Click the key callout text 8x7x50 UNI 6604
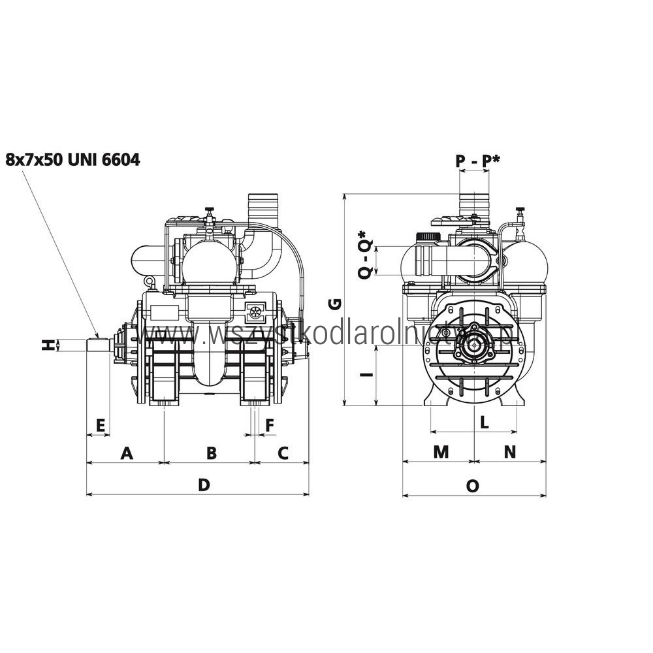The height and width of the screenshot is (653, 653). (72, 159)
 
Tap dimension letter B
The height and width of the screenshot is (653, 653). (212, 453)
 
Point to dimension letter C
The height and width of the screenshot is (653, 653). (283, 453)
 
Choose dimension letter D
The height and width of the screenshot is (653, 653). (204, 485)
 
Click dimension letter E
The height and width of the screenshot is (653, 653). (100, 425)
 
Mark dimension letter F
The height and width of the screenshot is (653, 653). (269, 425)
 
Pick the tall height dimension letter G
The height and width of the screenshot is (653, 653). (334, 303)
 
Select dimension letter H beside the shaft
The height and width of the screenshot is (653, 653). (47, 345)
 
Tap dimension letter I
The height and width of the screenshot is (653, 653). (368, 375)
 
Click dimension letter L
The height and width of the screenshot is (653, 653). (484, 422)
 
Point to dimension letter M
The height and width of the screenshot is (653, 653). (441, 452)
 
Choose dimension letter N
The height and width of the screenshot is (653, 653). (509, 452)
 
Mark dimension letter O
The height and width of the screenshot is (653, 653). (473, 485)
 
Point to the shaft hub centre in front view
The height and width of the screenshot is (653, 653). (473, 343)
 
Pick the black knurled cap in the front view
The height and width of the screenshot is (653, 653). (428, 236)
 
